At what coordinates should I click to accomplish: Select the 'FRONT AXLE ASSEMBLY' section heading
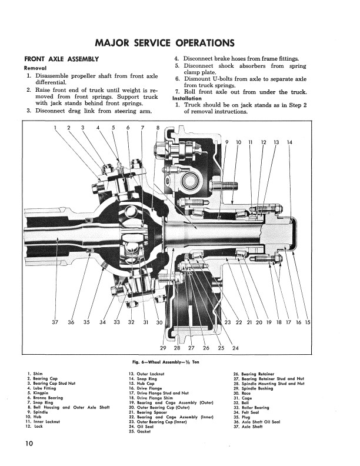61,59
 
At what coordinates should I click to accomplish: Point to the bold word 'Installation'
190,98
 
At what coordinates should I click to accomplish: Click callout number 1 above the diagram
55,127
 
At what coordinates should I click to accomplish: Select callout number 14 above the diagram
289,142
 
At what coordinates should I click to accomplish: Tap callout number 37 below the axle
55,322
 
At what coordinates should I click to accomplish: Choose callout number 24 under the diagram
235,348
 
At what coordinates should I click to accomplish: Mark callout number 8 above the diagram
158,127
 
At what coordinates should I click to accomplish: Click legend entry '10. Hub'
36,415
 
